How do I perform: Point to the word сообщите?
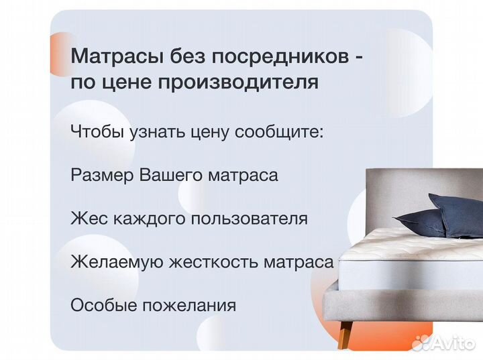click(279, 131)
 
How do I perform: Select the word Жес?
click(86, 219)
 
